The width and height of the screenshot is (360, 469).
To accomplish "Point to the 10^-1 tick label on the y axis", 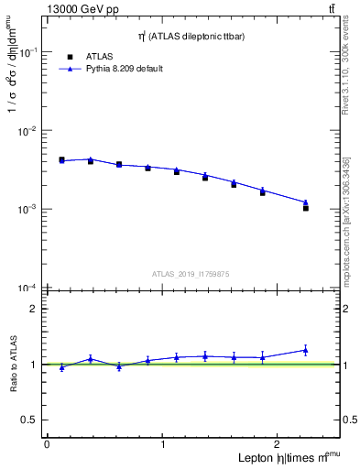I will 27,53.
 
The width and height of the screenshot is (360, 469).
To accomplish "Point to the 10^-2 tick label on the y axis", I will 27,131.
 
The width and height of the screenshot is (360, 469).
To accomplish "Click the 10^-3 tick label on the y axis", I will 27,210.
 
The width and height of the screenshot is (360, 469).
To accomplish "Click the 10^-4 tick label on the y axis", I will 27,288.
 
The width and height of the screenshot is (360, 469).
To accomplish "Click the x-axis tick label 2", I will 278,444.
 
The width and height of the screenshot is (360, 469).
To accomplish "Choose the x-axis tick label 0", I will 47,444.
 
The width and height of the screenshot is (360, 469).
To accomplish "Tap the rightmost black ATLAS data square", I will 306,208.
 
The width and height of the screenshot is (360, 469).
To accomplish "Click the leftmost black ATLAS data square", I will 61,159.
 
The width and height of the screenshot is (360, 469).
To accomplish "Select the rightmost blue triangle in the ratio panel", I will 306,350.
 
